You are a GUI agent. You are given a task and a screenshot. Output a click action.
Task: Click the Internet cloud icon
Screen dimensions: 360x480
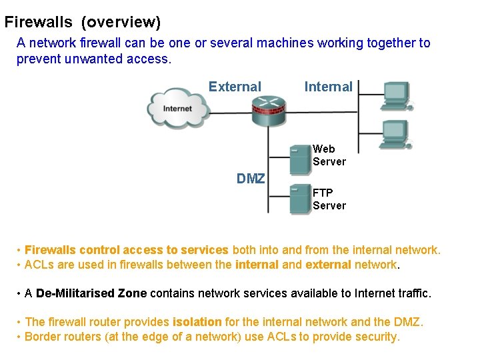(x=177, y=108)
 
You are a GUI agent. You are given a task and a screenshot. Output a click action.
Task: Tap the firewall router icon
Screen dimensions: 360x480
(x=269, y=109)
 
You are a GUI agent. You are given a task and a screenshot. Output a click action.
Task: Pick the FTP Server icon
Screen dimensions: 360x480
(x=300, y=199)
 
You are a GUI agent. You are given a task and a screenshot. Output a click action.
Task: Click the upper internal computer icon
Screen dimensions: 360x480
(x=397, y=95)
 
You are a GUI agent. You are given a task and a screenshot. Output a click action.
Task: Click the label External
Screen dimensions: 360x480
(x=235, y=87)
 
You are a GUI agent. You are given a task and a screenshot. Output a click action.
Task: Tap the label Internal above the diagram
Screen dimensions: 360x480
(x=328, y=87)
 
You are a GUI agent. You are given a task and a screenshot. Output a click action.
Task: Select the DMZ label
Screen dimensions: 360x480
(x=251, y=179)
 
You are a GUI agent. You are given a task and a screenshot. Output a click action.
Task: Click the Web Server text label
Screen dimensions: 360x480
(x=329, y=155)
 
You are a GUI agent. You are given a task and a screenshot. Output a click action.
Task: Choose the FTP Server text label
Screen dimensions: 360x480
(x=329, y=199)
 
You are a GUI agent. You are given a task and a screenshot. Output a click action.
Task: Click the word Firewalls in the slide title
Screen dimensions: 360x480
(x=38, y=22)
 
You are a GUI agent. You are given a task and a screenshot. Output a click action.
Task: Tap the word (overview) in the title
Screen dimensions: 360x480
(x=121, y=22)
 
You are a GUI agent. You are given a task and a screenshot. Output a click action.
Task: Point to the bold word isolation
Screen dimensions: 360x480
(x=197, y=322)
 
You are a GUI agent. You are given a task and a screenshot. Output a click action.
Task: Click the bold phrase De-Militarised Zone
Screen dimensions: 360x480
(x=91, y=293)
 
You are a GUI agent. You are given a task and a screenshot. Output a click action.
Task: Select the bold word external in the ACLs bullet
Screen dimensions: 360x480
(x=328, y=265)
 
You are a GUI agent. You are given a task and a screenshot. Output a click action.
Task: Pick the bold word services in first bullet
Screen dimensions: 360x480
(x=204, y=250)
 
